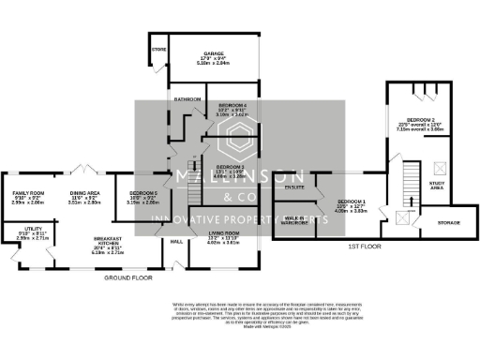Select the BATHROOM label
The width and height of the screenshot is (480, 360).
187,98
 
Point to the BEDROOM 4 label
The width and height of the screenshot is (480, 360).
232,105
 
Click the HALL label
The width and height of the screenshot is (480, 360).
174,241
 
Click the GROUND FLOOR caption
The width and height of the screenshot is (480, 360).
127,278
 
